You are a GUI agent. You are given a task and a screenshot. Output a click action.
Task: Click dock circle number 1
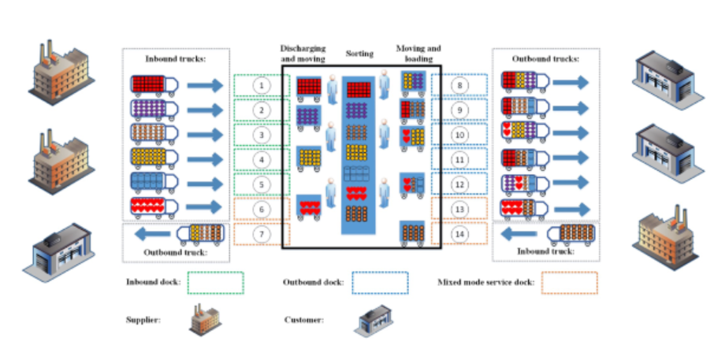tap(262, 84)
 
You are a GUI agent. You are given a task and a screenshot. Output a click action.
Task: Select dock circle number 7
tap(262, 234)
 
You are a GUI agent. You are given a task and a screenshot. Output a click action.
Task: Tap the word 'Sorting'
tap(359, 54)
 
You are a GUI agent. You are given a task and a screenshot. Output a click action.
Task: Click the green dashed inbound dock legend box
tap(216, 283)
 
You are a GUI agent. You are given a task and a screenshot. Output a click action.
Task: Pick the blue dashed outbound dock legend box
tap(381, 283)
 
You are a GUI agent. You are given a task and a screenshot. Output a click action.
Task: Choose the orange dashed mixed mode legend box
tap(569, 283)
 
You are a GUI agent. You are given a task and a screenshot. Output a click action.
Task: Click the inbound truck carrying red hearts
tap(154, 208)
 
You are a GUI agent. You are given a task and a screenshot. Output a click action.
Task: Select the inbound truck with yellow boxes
tap(154, 158)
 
